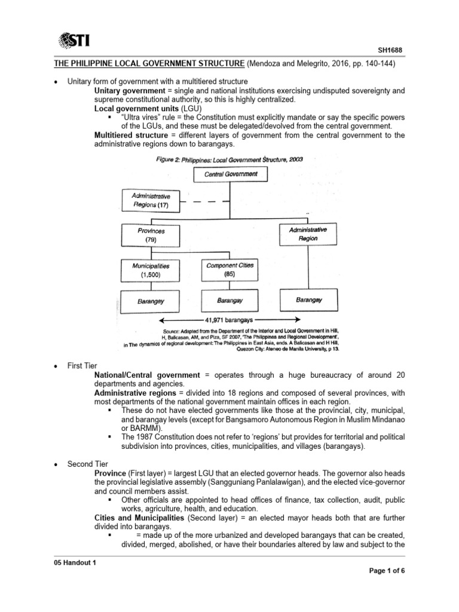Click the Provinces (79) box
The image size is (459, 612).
150,234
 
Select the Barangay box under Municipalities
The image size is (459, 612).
150,301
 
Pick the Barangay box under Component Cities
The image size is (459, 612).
229,301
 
